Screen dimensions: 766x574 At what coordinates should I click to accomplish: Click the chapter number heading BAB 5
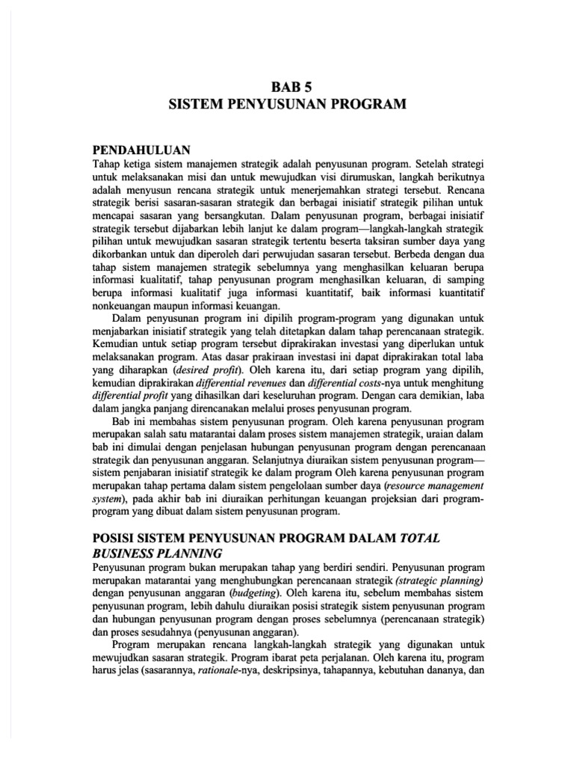(286, 86)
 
